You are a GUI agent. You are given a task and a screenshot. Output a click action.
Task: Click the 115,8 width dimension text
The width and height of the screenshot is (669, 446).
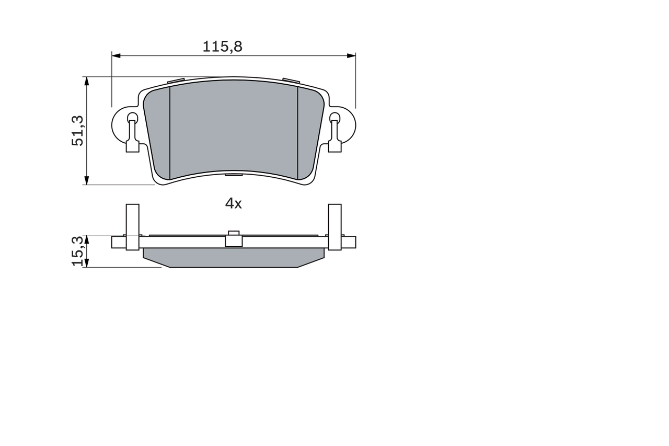pos(223,47)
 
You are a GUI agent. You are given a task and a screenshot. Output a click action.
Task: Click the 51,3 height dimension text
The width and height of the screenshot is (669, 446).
pos(78,131)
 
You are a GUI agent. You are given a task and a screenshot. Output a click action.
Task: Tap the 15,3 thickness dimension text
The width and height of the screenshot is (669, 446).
pos(78,251)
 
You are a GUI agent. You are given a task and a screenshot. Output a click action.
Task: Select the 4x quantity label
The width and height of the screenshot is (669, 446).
pos(233,204)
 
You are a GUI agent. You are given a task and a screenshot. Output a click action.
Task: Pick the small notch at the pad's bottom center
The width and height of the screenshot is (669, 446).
pos(234,175)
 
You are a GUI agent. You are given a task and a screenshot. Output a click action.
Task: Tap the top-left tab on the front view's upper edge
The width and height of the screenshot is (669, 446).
pos(176,81)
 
